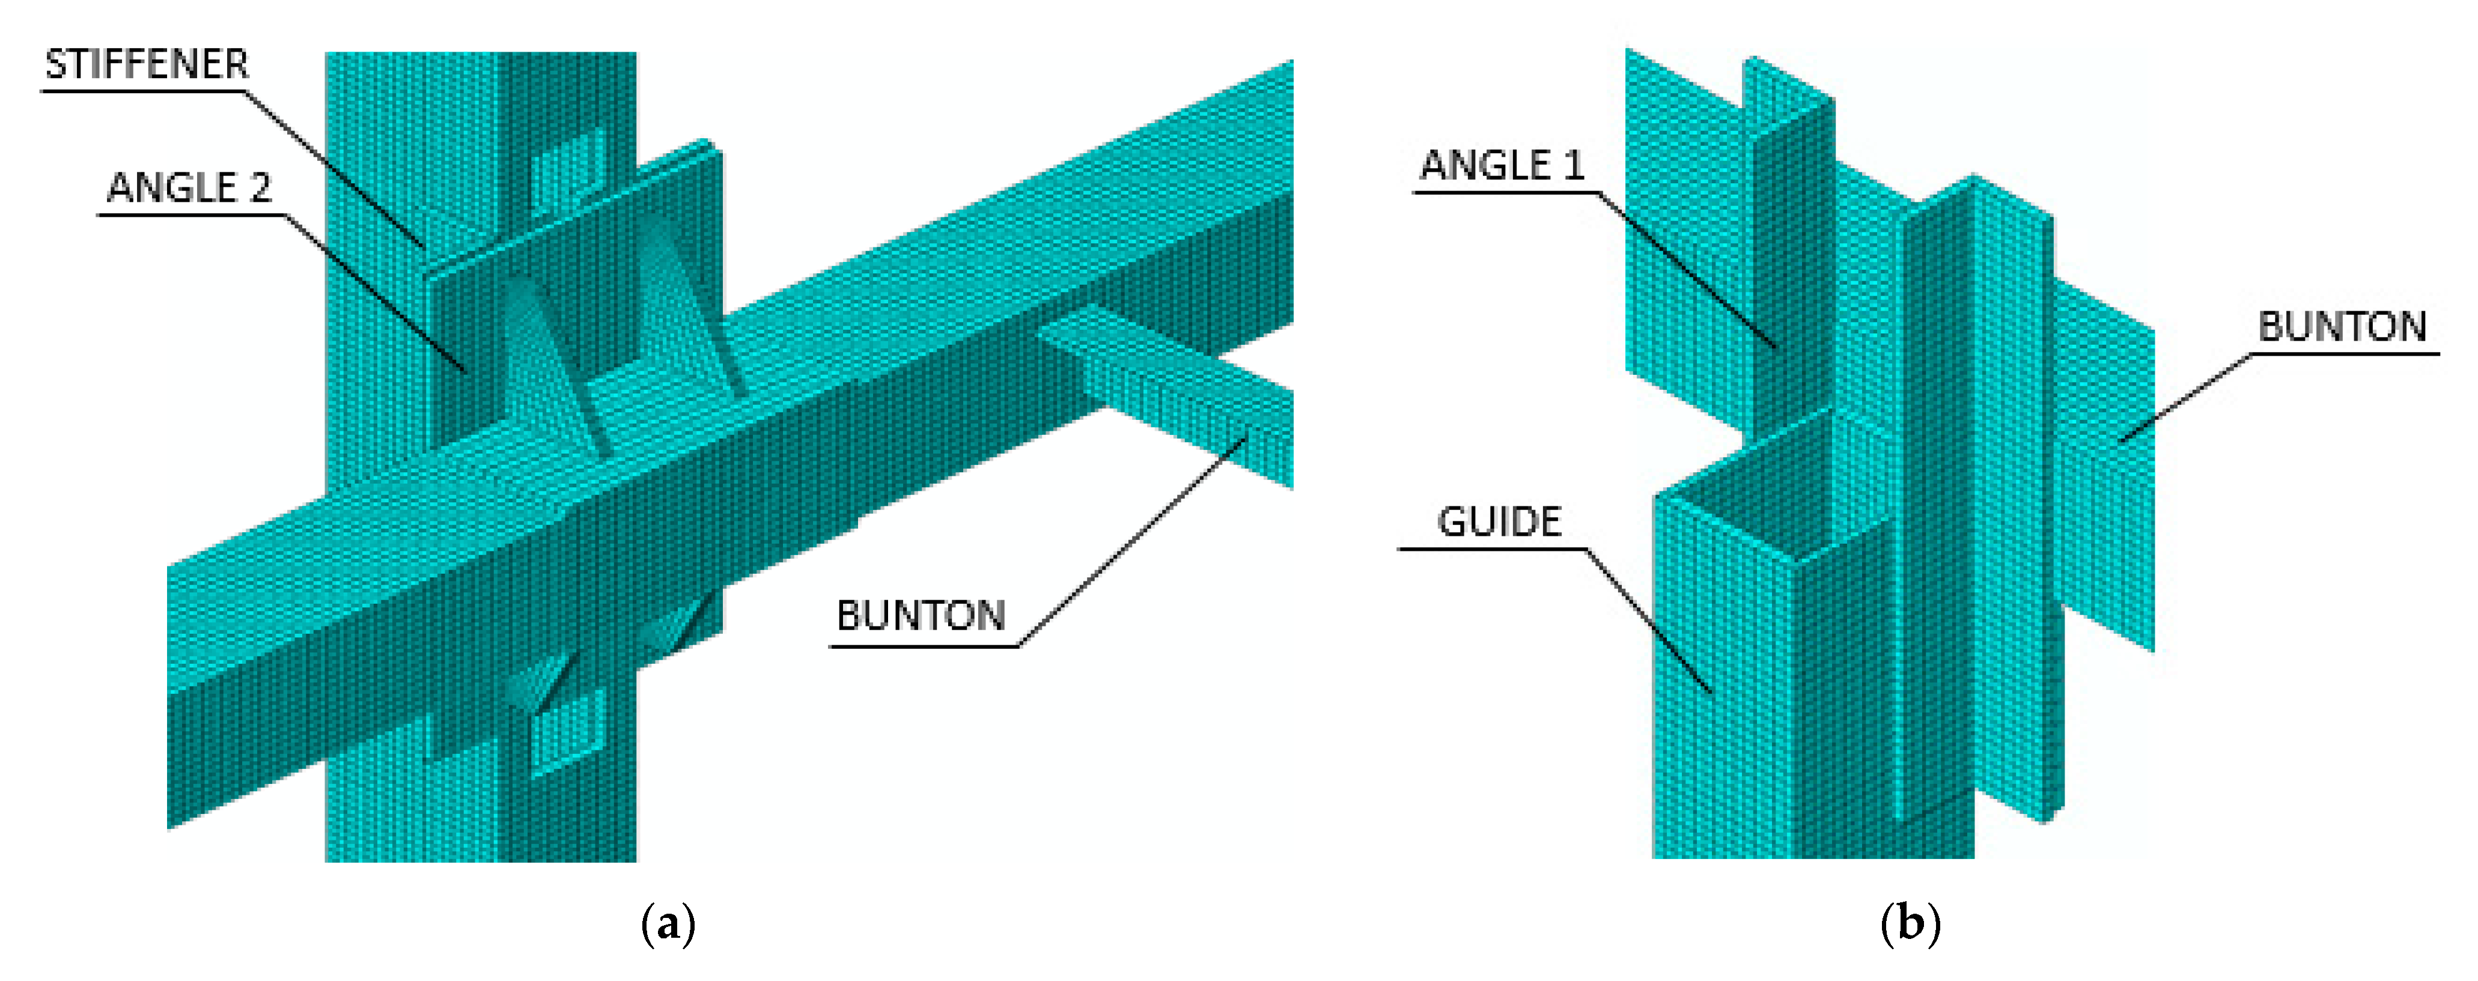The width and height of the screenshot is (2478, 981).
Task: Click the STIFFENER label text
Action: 146,64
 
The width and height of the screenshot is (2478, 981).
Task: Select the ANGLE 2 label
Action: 189,187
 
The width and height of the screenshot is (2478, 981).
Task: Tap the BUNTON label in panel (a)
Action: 921,616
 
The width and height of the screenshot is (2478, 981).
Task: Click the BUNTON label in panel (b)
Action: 2342,327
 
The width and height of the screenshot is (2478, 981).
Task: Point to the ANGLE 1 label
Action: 1500,165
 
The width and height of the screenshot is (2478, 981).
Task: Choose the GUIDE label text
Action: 1499,522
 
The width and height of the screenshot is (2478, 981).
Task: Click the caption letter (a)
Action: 668,925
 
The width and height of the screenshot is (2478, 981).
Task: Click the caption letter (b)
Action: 1910,925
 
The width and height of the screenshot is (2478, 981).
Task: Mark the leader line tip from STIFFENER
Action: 423,246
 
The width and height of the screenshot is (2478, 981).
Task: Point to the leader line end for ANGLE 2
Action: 466,370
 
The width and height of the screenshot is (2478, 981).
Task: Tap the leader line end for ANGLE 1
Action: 1776,346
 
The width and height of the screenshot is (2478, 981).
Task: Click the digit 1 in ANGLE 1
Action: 1574,165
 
